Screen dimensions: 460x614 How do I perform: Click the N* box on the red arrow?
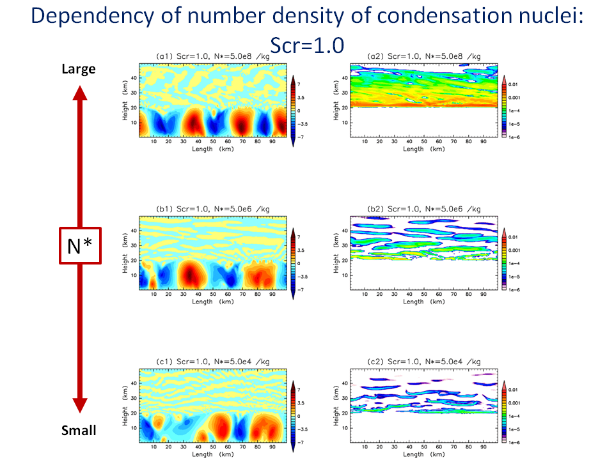(79, 245)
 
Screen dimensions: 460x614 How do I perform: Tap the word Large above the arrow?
(78, 68)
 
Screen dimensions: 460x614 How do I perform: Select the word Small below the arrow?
(79, 431)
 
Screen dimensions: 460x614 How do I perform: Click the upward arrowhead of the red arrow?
(79, 93)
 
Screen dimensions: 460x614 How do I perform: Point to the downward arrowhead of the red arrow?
(79, 405)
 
